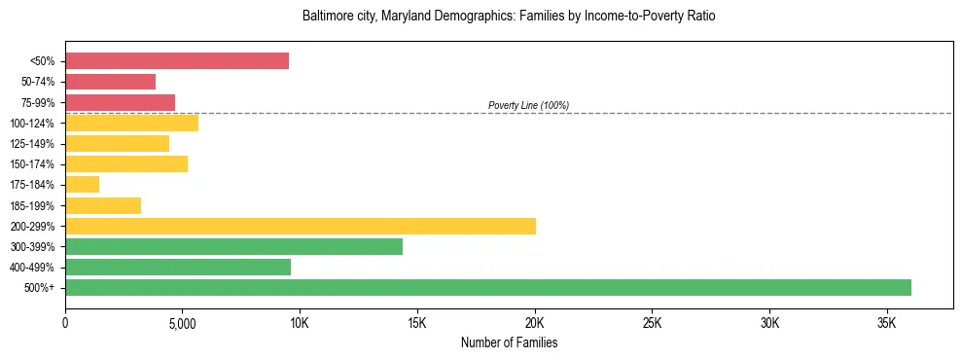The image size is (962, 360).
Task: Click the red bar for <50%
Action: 177,61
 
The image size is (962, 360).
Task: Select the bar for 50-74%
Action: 110,82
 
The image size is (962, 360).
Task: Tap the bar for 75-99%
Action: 120,102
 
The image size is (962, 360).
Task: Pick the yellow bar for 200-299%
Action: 301,226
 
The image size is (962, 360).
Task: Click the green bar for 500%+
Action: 488,287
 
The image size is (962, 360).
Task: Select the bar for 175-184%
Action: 82,184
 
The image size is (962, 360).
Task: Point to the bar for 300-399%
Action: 233,246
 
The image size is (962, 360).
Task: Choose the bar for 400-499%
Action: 178,267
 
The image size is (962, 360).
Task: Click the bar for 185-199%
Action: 103,205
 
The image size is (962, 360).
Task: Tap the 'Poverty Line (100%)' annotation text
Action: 528,105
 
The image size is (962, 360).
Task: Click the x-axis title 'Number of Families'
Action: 509,343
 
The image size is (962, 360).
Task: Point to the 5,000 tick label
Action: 183,323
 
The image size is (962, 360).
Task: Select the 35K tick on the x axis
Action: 887,323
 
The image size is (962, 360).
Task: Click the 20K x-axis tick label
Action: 535,323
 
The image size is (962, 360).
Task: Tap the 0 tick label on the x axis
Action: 65,323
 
